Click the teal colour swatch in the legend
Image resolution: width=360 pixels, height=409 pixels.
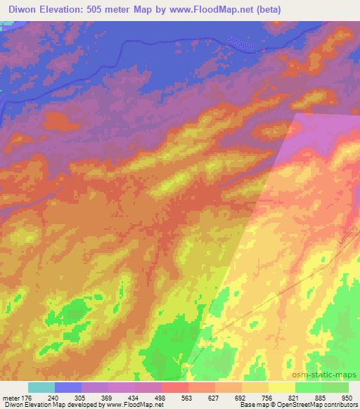click(x=41, y=387)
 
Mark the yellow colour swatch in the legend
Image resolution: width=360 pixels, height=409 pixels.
click(x=281, y=387)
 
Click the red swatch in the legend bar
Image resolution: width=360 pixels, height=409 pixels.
click(x=174, y=387)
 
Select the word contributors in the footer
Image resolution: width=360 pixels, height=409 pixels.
click(x=339, y=405)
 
